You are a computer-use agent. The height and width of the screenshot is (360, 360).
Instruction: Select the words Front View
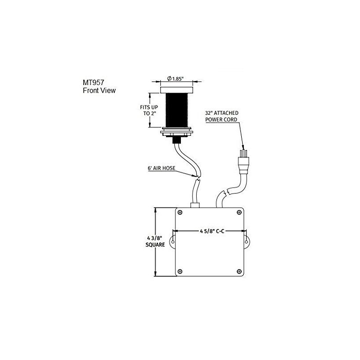click(x=99, y=90)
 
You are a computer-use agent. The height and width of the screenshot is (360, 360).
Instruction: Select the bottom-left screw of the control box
click(x=180, y=271)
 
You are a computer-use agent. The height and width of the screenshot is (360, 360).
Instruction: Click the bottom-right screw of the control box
click(x=238, y=271)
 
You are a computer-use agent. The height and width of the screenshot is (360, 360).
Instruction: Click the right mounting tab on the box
click(x=247, y=240)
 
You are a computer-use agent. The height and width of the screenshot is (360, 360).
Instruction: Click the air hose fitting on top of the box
click(x=195, y=205)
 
